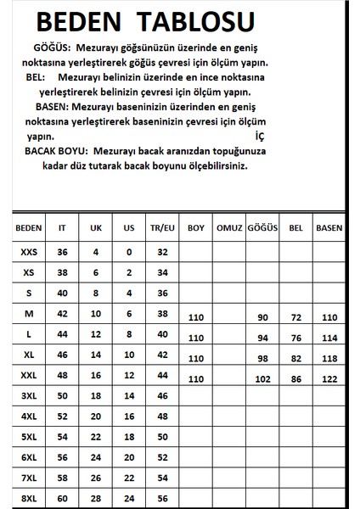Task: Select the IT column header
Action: pyautogui.click(x=61, y=229)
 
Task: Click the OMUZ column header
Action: pyautogui.click(x=230, y=229)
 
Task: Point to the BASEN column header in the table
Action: pyautogui.click(x=329, y=229)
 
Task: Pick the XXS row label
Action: pyautogui.click(x=29, y=252)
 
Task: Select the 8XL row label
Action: pyautogui.click(x=29, y=497)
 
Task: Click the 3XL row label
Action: pyautogui.click(x=29, y=395)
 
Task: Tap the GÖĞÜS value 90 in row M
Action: pyautogui.click(x=262, y=317)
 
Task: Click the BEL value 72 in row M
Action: pyautogui.click(x=296, y=317)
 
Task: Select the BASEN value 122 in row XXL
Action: pyautogui.click(x=329, y=378)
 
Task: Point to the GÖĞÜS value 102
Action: pyautogui.click(x=262, y=378)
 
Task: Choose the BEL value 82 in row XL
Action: pyautogui.click(x=296, y=358)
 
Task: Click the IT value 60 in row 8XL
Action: pyautogui.click(x=61, y=497)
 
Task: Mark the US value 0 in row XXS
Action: pyautogui.click(x=129, y=252)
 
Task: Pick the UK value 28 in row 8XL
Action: pyautogui.click(x=96, y=497)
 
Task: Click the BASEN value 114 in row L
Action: pyautogui.click(x=329, y=338)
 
